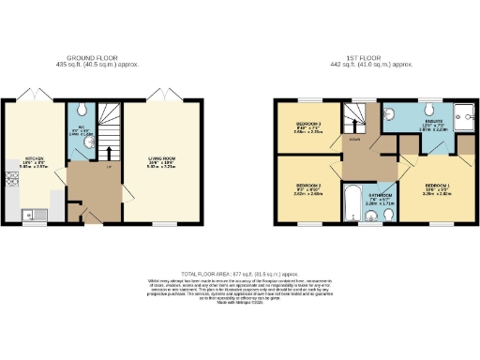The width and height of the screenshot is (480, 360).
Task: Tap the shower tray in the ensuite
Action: (x=465, y=115)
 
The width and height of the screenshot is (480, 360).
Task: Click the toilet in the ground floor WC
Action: (x=83, y=111)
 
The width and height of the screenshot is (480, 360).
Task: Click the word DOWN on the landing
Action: (x=353, y=138)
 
